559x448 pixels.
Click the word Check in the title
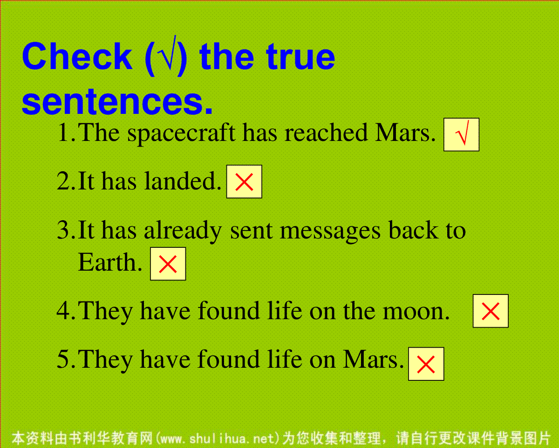[77, 56]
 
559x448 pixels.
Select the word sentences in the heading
[117, 102]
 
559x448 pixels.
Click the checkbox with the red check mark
[461, 134]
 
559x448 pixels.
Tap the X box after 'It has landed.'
[244, 182]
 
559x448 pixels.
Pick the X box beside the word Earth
[168, 264]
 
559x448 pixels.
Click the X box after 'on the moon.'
[491, 311]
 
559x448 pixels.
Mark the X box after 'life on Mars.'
[426, 364]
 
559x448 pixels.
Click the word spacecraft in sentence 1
[181, 134]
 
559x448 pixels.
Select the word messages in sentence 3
[330, 231]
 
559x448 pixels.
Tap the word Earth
[110, 262]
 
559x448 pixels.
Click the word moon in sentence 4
[416, 312]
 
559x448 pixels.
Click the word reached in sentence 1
[326, 132]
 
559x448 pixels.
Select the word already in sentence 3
[183, 231]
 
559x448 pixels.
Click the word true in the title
[300, 57]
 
